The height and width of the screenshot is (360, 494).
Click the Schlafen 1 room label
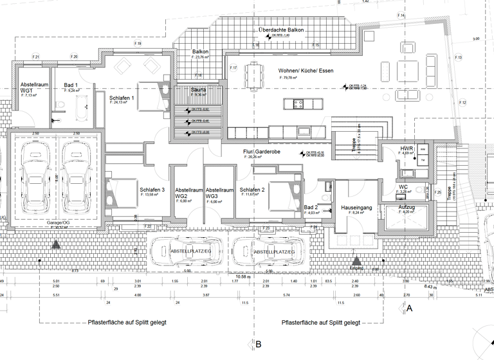coord(122,97)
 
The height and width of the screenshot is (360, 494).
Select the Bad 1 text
coord(71,85)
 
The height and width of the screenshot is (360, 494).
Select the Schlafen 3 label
coord(152,190)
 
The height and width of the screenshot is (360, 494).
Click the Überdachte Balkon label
coord(280,30)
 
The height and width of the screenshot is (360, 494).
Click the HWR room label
coord(407,148)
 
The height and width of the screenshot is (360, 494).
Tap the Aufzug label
coord(407,208)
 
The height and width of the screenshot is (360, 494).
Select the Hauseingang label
coord(358,208)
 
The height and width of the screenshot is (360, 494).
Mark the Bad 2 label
coord(311,208)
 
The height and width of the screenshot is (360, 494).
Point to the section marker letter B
coord(259,345)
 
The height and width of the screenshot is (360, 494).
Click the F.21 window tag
coord(36,57)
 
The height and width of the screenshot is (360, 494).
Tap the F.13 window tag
coord(459,58)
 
